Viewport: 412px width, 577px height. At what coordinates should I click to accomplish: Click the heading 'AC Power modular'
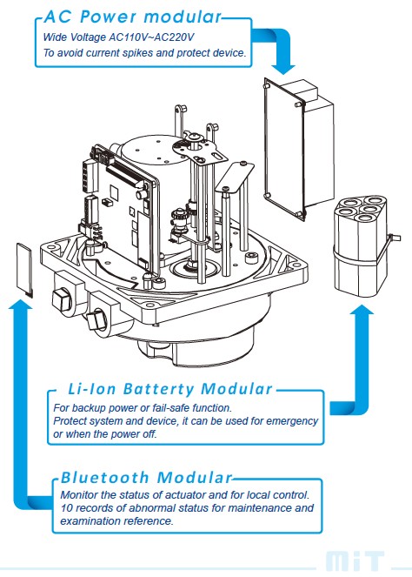[x=133, y=17]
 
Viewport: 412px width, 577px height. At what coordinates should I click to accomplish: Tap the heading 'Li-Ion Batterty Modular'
[x=170, y=389]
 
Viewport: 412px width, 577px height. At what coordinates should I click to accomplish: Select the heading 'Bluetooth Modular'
[x=146, y=477]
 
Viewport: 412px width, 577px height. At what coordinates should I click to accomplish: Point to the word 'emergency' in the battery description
[x=292, y=421]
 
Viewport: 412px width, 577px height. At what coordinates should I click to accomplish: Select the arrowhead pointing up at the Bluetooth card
[x=21, y=304]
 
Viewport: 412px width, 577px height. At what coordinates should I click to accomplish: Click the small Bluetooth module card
[x=24, y=269]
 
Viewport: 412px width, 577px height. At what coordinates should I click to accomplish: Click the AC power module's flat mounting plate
[x=284, y=149]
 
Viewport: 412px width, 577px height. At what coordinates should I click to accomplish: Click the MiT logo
[x=354, y=561]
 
